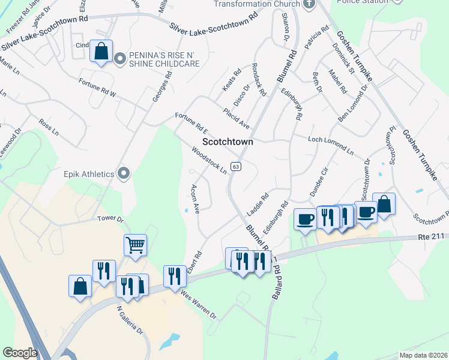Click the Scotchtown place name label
228,142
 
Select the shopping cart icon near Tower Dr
136,245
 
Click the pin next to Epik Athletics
124,174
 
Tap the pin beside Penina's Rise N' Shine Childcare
119,58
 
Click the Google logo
20,353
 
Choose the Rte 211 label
432,237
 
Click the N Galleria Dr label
130,322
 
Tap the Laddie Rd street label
257,205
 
